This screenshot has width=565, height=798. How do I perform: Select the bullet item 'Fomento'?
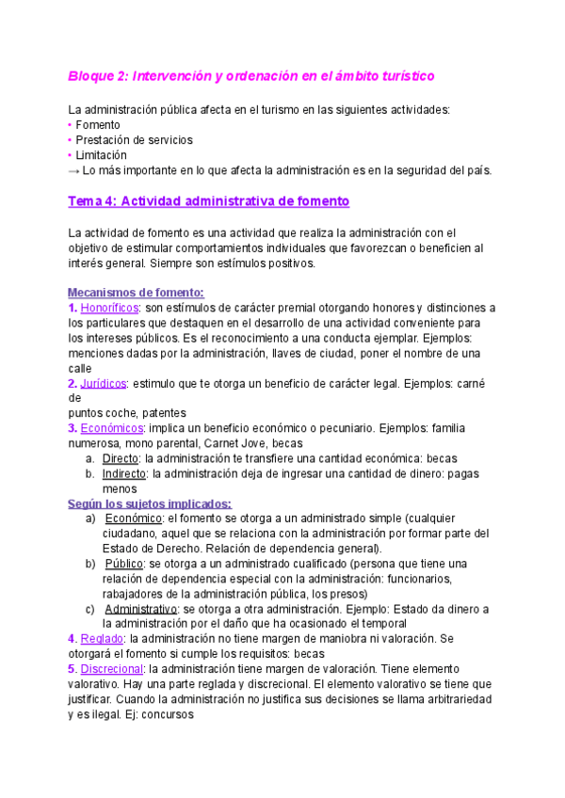click(98, 124)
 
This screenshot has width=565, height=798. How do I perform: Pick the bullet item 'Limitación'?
click(101, 154)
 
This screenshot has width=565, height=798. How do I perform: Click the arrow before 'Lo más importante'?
click(74, 170)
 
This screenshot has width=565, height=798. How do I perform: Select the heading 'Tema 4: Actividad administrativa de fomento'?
click(209, 201)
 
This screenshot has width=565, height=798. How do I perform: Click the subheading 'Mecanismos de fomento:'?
click(137, 293)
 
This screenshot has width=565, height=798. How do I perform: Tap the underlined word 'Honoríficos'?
click(110, 308)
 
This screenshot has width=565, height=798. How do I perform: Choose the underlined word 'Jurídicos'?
click(104, 383)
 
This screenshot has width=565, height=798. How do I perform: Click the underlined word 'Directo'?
click(121, 458)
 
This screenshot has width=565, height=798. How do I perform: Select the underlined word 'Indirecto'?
click(124, 473)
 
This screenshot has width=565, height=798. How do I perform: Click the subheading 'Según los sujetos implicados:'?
click(150, 503)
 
